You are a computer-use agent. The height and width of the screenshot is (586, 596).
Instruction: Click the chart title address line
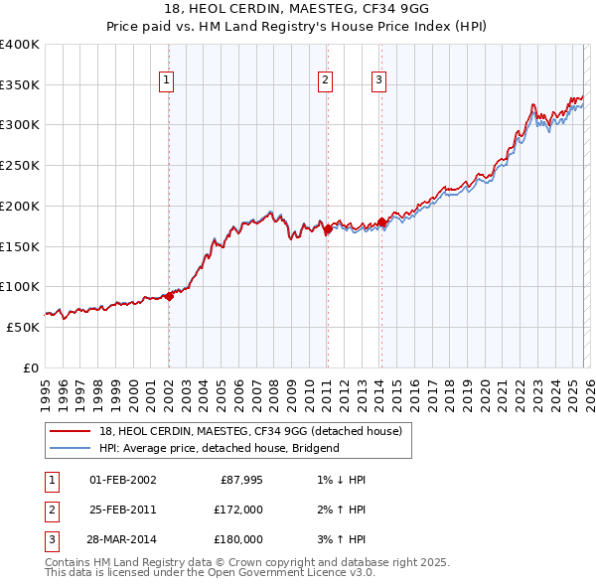297,9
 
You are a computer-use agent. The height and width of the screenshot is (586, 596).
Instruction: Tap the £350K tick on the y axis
20,84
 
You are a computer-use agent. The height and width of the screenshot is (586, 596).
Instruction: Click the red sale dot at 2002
169,295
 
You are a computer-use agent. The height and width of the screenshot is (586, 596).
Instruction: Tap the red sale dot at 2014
381,221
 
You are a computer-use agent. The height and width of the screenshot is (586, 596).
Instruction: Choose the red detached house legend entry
249,431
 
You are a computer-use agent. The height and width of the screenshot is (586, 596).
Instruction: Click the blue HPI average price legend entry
219,448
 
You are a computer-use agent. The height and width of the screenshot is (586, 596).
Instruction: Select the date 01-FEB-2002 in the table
122,480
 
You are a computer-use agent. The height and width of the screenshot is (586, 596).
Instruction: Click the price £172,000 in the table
238,510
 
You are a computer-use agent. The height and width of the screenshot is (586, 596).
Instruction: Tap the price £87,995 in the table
241,480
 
